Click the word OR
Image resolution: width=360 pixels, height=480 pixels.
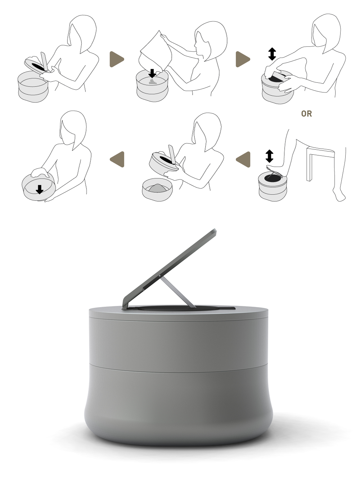[306, 114]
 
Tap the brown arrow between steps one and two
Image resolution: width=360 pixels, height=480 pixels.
[117, 59]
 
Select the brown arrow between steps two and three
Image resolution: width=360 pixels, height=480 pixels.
[243, 59]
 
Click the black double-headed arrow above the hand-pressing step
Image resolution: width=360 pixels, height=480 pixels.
[272, 54]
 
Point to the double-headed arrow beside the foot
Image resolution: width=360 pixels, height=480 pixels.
[269, 156]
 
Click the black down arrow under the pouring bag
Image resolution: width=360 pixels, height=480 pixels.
[152, 73]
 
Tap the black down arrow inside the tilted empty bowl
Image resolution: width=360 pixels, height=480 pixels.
[40, 189]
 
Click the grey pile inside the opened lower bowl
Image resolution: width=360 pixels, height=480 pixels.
[157, 188]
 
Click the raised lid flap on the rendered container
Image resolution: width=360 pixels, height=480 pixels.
[170, 269]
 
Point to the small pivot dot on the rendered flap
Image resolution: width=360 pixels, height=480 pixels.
[159, 276]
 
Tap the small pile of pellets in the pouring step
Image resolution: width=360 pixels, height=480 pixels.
[153, 82]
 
